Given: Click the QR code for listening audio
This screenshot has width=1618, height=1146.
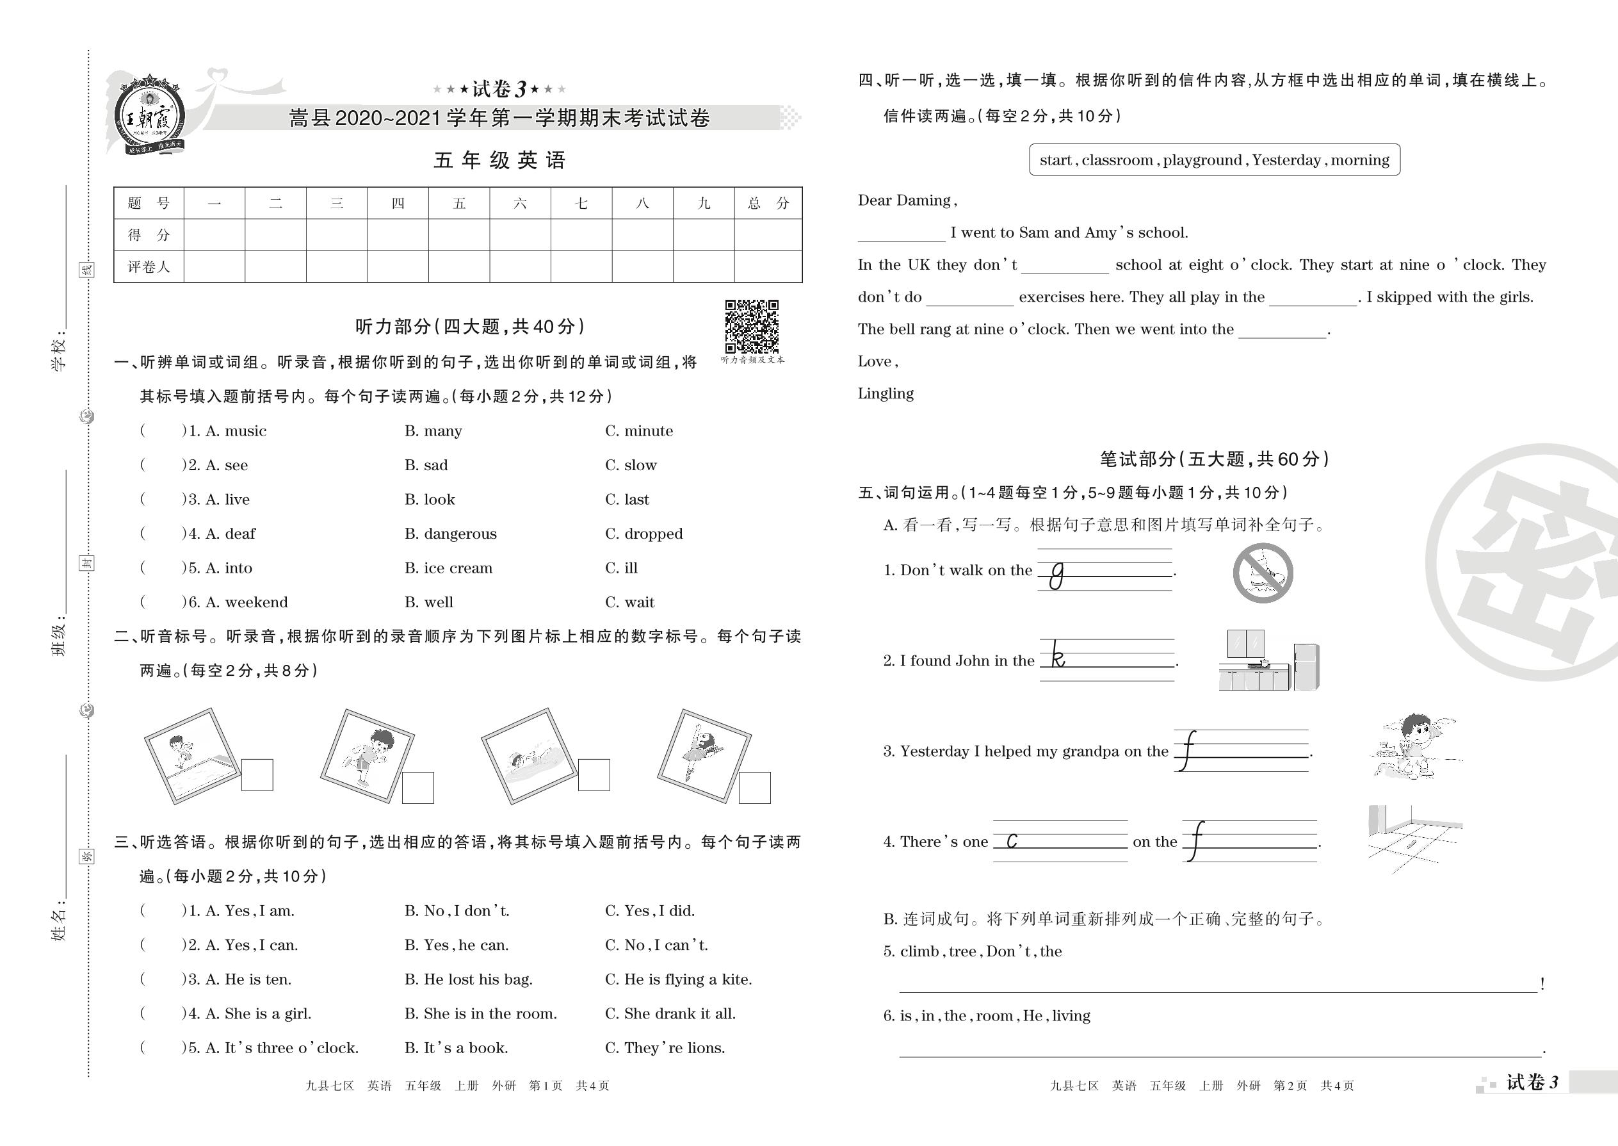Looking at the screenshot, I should click(x=751, y=326).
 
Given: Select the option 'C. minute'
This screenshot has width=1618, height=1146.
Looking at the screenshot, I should click(x=639, y=431).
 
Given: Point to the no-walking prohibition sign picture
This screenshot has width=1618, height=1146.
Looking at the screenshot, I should click(x=1263, y=573).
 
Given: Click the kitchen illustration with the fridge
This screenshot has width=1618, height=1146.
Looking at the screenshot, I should click(x=1269, y=660).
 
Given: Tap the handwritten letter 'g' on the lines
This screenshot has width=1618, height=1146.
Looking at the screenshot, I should click(x=1056, y=575).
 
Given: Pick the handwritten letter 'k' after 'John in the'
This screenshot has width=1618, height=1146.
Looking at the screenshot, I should click(x=1057, y=656).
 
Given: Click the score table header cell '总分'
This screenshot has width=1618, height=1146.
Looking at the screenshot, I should click(x=768, y=204).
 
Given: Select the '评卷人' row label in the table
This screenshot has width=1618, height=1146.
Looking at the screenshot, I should click(x=149, y=266).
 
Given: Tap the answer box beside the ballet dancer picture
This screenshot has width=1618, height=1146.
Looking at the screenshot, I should click(x=755, y=788).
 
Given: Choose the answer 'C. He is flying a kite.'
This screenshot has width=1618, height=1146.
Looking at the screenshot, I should click(x=679, y=979).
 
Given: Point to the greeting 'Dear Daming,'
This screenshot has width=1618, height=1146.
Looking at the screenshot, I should click(x=907, y=201).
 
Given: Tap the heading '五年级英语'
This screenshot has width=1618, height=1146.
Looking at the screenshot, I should click(x=499, y=161).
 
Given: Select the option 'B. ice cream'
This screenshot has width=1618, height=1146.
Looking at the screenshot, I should click(x=449, y=568).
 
